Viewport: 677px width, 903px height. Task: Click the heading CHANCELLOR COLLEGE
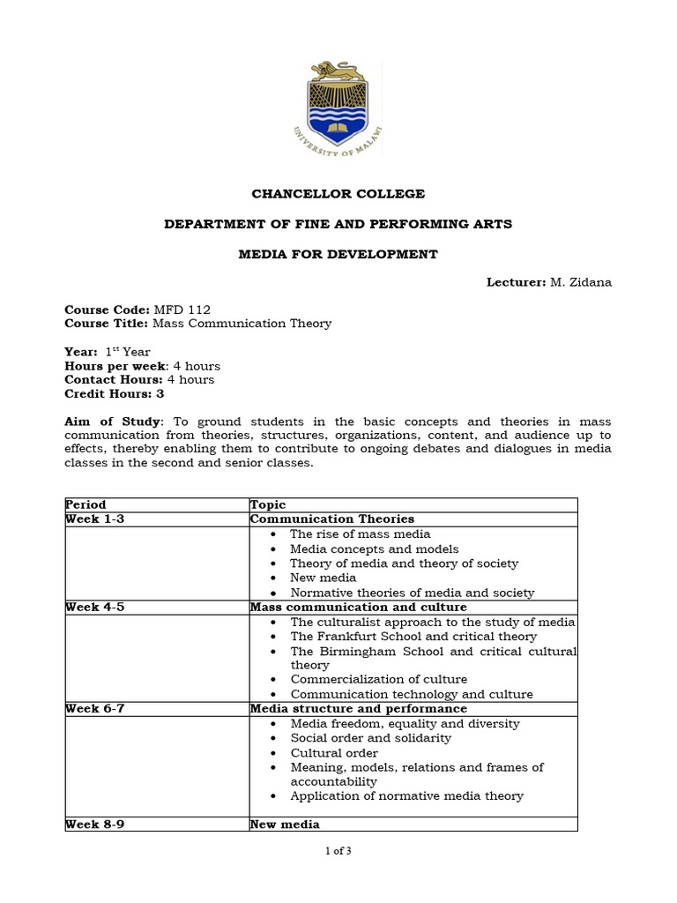tap(338, 193)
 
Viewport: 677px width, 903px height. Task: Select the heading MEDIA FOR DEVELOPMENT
tap(338, 254)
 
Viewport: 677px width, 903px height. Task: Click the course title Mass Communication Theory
tap(242, 324)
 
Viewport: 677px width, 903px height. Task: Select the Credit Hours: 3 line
tap(115, 394)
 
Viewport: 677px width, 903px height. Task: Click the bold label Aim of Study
tap(113, 422)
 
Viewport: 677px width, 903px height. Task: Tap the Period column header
tap(86, 505)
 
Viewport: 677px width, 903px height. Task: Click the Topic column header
tap(268, 505)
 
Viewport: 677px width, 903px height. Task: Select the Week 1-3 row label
tap(95, 519)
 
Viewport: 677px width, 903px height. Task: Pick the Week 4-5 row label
tap(95, 608)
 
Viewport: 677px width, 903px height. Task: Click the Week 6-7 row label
tap(95, 709)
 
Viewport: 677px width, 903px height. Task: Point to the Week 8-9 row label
tap(95, 825)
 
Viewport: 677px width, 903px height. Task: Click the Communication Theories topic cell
tap(332, 519)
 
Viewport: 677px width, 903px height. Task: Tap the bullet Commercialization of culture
tap(379, 680)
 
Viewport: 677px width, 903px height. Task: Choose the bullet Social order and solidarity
tap(370, 738)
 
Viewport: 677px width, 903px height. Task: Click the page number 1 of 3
tap(338, 851)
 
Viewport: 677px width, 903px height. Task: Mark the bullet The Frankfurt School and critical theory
tap(413, 637)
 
